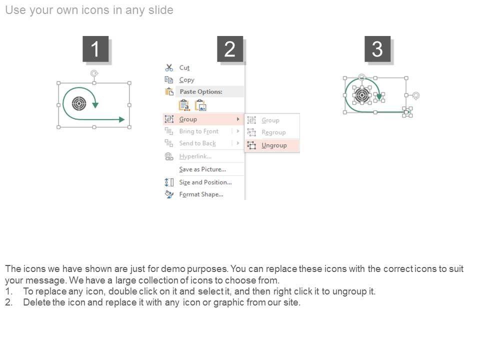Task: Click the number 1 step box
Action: click(x=95, y=49)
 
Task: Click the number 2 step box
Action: click(x=230, y=49)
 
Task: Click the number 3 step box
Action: click(x=377, y=49)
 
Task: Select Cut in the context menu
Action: click(x=184, y=67)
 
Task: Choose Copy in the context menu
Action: click(x=186, y=80)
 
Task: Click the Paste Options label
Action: click(x=201, y=91)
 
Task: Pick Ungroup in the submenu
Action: click(x=274, y=145)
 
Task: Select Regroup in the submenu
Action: click(x=273, y=132)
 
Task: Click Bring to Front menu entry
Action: click(x=199, y=131)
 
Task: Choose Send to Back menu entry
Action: click(x=197, y=143)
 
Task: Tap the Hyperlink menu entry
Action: click(x=195, y=156)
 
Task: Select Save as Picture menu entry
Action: click(x=202, y=169)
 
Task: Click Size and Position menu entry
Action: click(x=205, y=182)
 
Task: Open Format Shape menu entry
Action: click(x=201, y=194)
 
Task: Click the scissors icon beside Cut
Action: click(x=169, y=67)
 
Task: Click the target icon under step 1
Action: click(x=79, y=103)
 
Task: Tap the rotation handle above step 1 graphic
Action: click(x=94, y=73)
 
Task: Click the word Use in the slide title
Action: click(x=15, y=10)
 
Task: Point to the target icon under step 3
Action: click(x=362, y=95)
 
